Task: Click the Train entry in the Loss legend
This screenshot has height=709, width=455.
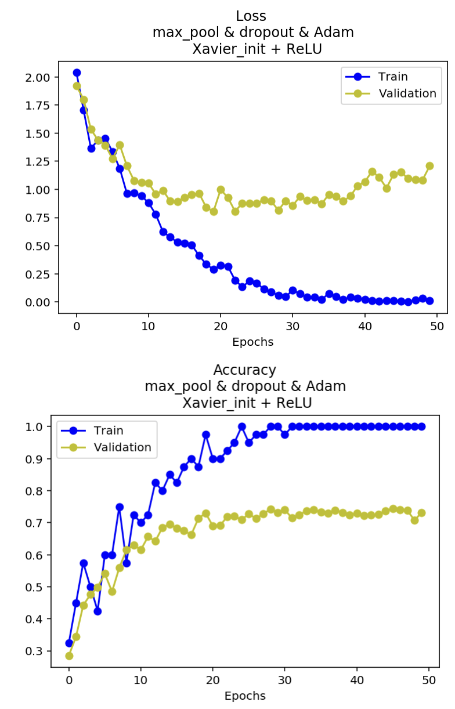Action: (x=393, y=77)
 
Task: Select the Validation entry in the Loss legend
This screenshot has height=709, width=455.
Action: (x=407, y=93)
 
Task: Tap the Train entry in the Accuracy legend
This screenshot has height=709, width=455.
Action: (x=109, y=431)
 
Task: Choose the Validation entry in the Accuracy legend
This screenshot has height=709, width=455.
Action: (x=122, y=447)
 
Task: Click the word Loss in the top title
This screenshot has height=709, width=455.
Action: (x=251, y=16)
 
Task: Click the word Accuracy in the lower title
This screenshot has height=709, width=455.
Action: (x=244, y=370)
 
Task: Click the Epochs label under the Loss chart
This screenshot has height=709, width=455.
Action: (x=252, y=342)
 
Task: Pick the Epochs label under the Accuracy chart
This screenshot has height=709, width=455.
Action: (x=245, y=696)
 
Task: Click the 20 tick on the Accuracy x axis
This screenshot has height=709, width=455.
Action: (x=213, y=679)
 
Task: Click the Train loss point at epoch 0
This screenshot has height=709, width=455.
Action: (x=77, y=73)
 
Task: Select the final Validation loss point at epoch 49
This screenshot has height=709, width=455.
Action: (x=429, y=165)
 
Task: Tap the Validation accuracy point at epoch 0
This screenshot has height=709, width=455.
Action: (x=69, y=656)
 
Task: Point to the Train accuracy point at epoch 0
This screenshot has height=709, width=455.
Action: (x=69, y=643)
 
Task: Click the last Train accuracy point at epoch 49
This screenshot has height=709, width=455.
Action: (x=421, y=426)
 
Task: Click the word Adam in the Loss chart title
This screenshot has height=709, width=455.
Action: (x=338, y=32)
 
